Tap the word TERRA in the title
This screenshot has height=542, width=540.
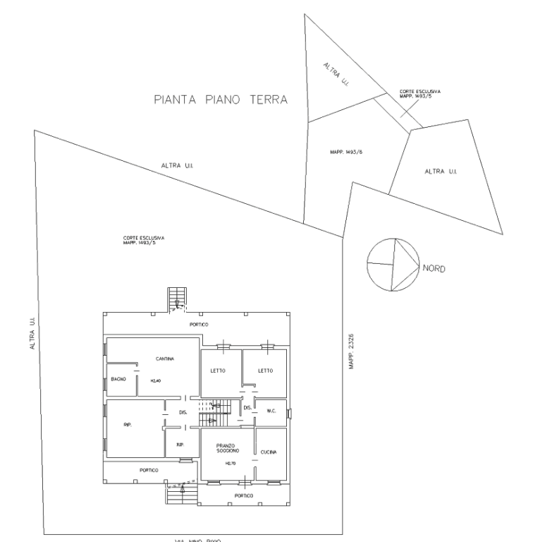point(268,100)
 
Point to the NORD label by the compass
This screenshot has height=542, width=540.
point(434,269)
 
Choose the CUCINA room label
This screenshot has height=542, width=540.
point(268,451)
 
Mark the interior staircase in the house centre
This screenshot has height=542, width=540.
point(215,412)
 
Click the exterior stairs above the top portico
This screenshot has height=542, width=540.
point(177,299)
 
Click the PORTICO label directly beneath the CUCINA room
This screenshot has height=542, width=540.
point(244,496)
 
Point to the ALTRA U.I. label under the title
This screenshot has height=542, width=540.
point(177,167)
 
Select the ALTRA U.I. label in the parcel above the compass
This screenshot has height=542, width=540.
point(441,171)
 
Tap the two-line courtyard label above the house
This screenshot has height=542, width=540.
point(144,240)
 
